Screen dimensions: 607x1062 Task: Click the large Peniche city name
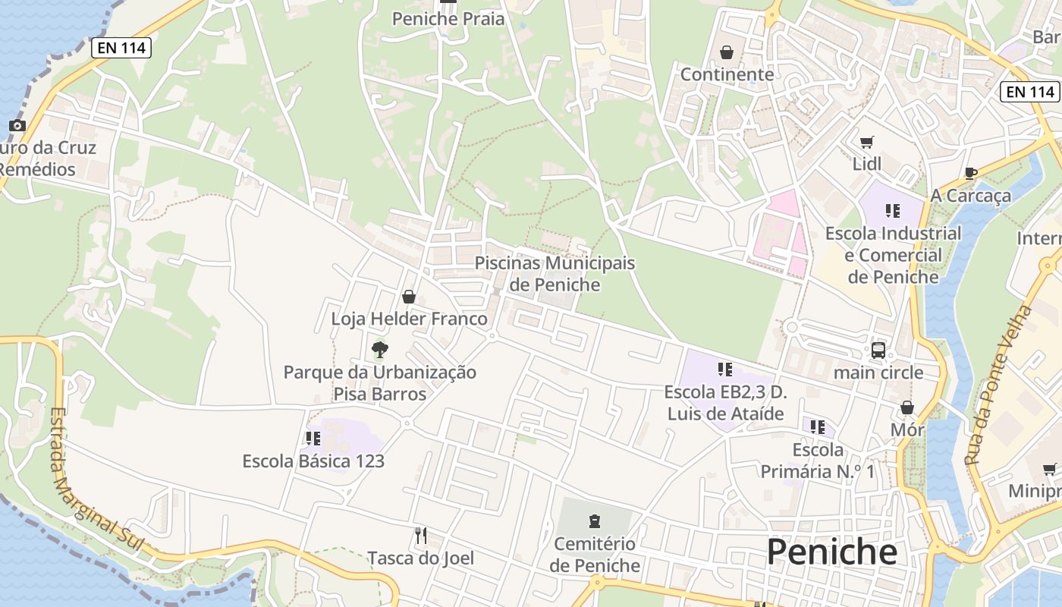pos(831,552)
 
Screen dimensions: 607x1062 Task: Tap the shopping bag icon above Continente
pos(727,52)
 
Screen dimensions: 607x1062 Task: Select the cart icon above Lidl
pos(866,142)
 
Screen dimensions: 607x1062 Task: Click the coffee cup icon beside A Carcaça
pos(970,174)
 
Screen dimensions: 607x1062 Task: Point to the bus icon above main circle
pos(878,351)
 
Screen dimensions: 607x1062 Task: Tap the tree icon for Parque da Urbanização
pos(380,350)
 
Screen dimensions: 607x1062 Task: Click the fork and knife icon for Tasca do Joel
pos(421,536)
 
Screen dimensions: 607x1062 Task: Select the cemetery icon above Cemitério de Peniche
pos(595,521)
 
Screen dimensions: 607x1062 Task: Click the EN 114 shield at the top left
pos(121,49)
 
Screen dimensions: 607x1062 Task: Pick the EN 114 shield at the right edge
pos(1029,92)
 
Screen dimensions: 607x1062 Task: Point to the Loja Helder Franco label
pos(409,319)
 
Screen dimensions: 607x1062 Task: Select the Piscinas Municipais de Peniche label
pos(555,274)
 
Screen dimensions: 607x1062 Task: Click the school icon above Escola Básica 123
pos(313,439)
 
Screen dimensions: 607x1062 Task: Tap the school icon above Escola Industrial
pos(892,211)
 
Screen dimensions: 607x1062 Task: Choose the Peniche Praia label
pos(448,19)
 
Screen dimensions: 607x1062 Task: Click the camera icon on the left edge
pos(17,126)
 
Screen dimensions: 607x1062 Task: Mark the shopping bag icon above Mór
pos(907,408)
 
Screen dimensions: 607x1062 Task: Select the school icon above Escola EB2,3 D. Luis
pos(724,370)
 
